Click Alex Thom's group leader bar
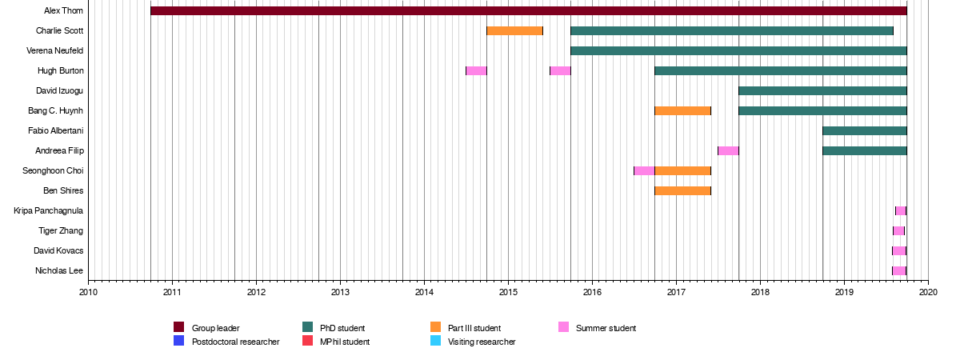tap(528, 10)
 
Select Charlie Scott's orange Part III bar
tap(514, 30)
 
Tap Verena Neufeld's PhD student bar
tap(738, 50)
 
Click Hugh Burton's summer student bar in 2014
tap(476, 70)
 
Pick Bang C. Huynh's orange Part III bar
tap(682, 110)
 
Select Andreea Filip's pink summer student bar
tap(728, 150)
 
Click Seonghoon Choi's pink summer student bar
tap(644, 170)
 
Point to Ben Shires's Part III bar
tap(682, 190)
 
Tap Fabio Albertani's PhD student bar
tap(864, 130)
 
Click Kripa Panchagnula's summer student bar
tap(901, 210)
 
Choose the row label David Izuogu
tap(59, 90)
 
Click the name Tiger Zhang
tap(61, 230)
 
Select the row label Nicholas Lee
tap(59, 270)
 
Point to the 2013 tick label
tap(340, 292)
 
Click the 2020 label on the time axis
tap(928, 292)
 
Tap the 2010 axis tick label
tap(88, 292)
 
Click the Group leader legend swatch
tap(179, 327)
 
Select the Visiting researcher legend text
tap(482, 342)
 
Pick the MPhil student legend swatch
tap(307, 342)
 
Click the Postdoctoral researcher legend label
tap(235, 342)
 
